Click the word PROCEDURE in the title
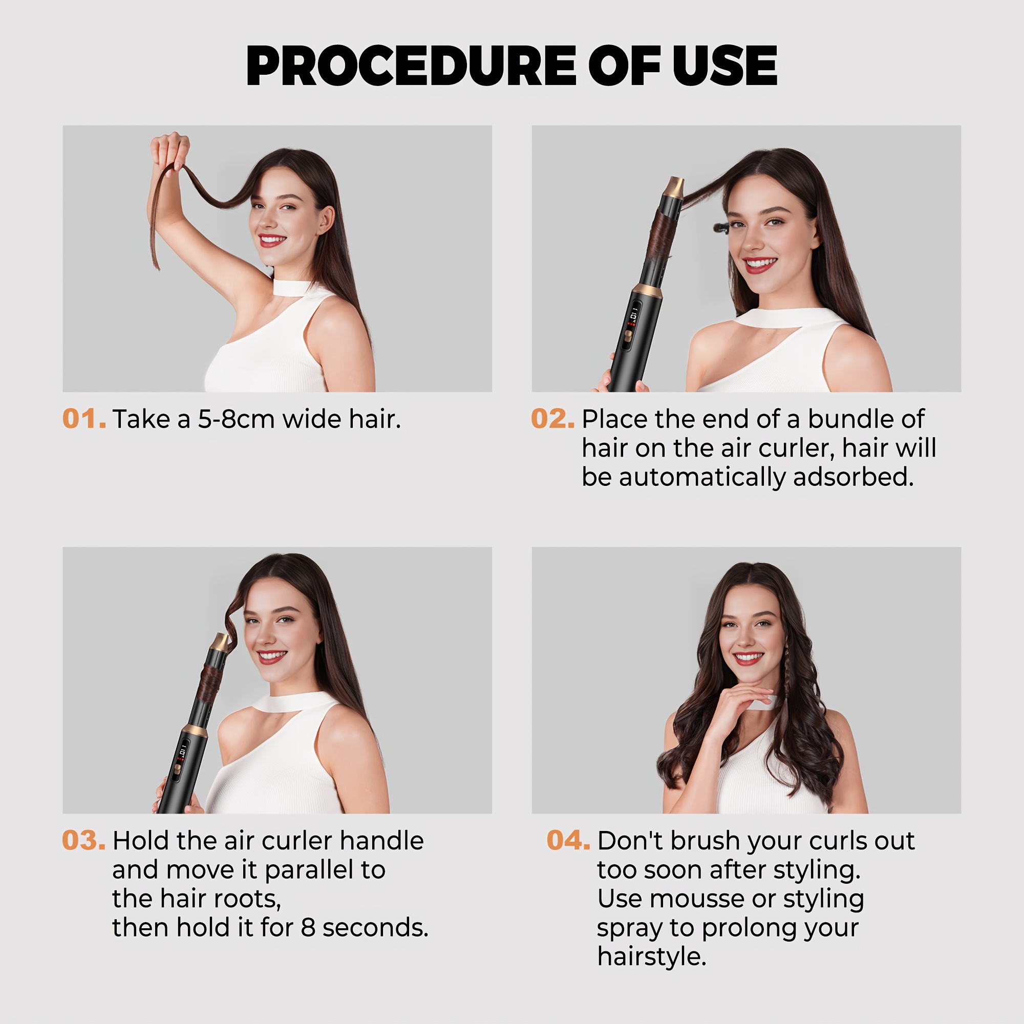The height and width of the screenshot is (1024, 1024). coord(411,66)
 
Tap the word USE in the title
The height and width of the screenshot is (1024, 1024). coord(724,66)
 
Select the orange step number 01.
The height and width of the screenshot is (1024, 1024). coord(84,419)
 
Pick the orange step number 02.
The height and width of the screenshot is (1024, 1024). coord(553,419)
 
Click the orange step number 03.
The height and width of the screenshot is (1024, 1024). coord(84,841)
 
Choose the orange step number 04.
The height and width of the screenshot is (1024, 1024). coord(568,841)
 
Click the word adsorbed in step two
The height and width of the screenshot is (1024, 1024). coord(854,477)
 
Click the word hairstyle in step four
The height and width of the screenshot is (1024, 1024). coord(652,957)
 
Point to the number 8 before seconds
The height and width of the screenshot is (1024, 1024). coord(308,928)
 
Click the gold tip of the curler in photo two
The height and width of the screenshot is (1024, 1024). coord(674,187)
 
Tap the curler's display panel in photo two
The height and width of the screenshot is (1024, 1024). coord(633,326)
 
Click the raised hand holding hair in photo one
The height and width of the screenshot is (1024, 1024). coord(169,151)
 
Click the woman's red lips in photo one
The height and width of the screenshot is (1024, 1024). coord(272,240)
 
